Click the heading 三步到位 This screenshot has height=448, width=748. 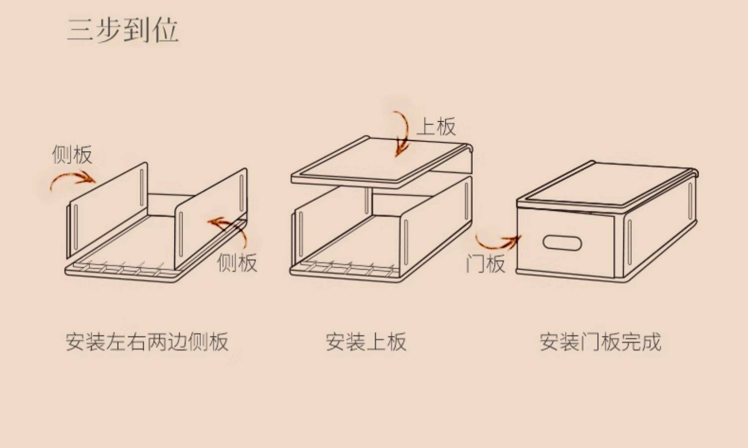(123, 30)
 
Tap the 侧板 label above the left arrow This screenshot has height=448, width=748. (72, 155)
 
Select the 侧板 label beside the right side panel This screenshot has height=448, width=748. (237, 263)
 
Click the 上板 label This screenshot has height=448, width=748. (436, 127)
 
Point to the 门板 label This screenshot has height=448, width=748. (485, 263)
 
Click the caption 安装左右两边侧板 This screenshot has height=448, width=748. (147, 342)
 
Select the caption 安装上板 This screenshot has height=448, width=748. (366, 342)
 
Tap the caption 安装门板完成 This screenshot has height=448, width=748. (600, 342)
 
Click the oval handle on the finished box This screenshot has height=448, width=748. (562, 243)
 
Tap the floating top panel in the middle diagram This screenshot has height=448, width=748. (381, 160)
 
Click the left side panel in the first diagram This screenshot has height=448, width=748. (107, 210)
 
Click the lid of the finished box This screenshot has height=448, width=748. (606, 185)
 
